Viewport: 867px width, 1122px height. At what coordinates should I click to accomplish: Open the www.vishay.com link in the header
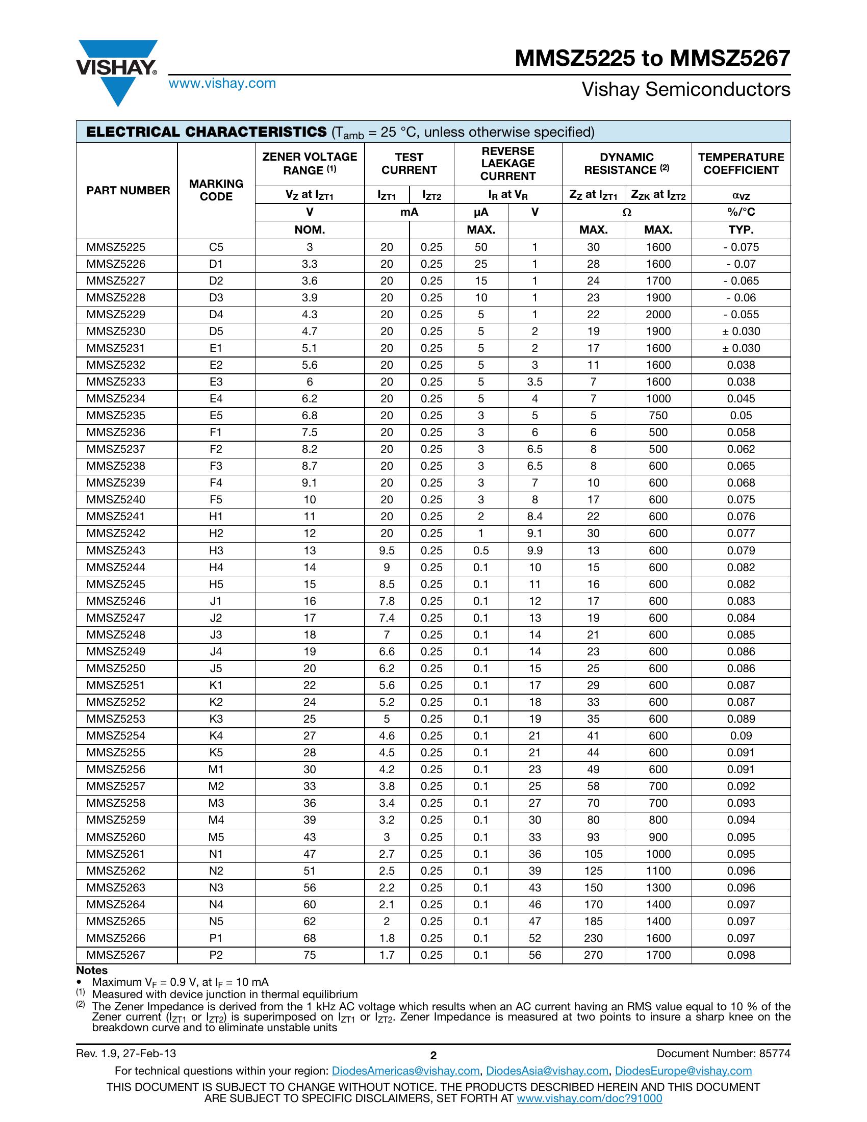[x=222, y=83]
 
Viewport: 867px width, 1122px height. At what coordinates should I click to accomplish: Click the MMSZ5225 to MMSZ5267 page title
[x=652, y=58]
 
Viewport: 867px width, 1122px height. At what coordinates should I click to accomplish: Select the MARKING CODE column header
[x=216, y=190]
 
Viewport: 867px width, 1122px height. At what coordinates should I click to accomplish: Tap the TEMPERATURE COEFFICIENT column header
[x=741, y=163]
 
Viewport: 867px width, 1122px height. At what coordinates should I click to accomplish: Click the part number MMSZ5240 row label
[x=116, y=499]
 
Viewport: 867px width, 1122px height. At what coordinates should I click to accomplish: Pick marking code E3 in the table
[x=216, y=381]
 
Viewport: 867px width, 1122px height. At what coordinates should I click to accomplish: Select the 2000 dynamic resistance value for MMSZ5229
[x=658, y=314]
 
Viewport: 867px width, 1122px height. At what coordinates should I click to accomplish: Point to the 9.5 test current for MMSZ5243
[x=387, y=550]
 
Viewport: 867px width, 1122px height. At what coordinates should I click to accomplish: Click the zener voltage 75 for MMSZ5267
[x=310, y=955]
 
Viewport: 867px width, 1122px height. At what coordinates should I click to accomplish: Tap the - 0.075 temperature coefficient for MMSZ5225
[x=741, y=247]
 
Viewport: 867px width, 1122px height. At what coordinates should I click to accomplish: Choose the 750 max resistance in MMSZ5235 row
[x=658, y=415]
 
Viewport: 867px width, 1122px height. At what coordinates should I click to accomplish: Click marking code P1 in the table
[x=216, y=938]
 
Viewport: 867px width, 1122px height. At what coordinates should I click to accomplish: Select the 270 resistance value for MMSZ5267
[x=593, y=955]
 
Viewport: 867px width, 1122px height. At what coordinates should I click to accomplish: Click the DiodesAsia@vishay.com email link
[x=547, y=1071]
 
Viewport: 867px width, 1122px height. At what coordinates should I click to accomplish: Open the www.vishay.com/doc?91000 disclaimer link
[x=589, y=1099]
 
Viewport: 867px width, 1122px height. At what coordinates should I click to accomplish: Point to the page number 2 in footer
[x=433, y=1056]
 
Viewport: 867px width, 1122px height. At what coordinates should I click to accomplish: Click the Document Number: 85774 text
[x=723, y=1054]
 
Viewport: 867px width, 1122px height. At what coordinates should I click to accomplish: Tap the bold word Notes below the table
[x=92, y=971]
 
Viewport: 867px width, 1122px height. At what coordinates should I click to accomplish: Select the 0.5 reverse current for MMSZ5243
[x=481, y=550]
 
